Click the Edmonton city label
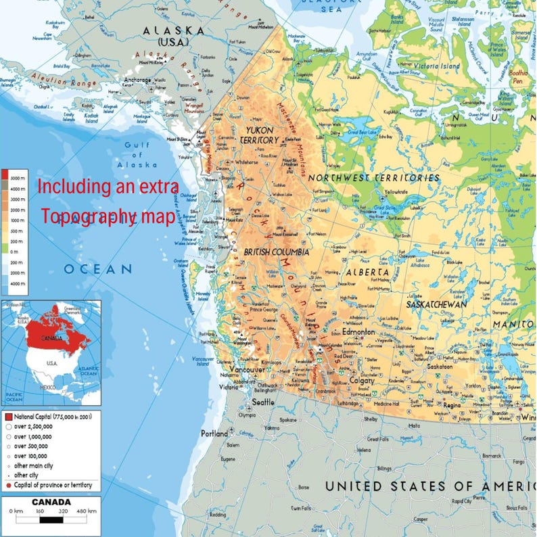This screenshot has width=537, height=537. pyautogui.click(x=358, y=333)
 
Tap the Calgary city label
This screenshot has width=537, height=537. pyautogui.click(x=362, y=381)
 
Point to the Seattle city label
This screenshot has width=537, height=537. pyautogui.click(x=263, y=402)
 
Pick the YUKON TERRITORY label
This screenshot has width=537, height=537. pyautogui.click(x=260, y=135)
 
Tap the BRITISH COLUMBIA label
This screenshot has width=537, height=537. pyautogui.click(x=277, y=252)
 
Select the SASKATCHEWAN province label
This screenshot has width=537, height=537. pyautogui.click(x=436, y=304)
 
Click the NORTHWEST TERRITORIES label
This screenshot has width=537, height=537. pyautogui.click(x=374, y=178)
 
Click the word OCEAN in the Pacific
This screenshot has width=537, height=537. pyautogui.click(x=98, y=269)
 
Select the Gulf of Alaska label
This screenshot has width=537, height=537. pyautogui.click(x=141, y=155)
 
